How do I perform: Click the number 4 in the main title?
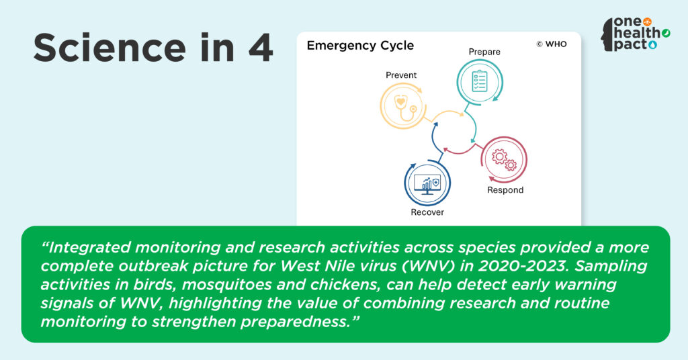click(x=260, y=48)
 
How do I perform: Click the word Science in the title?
click(x=110, y=48)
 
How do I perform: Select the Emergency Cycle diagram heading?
click(x=360, y=46)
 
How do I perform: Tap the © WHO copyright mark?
click(x=552, y=44)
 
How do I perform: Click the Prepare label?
click(x=484, y=52)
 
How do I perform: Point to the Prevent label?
click(x=401, y=75)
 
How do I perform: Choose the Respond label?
click(x=505, y=190)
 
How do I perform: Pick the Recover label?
click(x=427, y=212)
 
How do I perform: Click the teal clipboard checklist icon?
click(x=480, y=81)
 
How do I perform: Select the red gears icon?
click(x=504, y=160)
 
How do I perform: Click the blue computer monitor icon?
click(x=427, y=185)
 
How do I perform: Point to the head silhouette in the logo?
click(x=607, y=35)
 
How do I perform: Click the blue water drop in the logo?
click(x=652, y=45)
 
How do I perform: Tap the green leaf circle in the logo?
click(x=666, y=33)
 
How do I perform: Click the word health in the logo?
click(x=637, y=33)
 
